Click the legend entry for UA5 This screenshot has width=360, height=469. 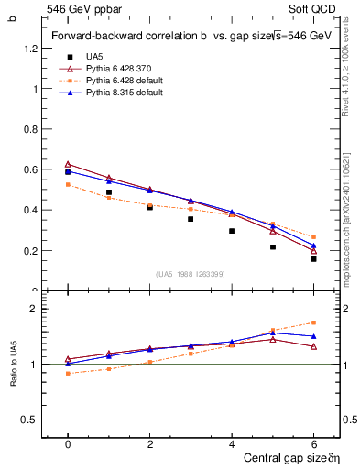click(x=95, y=57)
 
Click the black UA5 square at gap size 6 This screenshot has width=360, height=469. click(x=313, y=259)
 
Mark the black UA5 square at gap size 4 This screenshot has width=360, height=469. click(x=232, y=231)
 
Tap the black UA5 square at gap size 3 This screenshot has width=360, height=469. click(x=191, y=219)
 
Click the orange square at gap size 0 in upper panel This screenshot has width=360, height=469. click(x=68, y=185)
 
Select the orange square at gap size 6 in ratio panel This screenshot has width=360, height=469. click(x=313, y=322)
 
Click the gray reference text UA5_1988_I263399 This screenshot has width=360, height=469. click(x=191, y=274)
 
